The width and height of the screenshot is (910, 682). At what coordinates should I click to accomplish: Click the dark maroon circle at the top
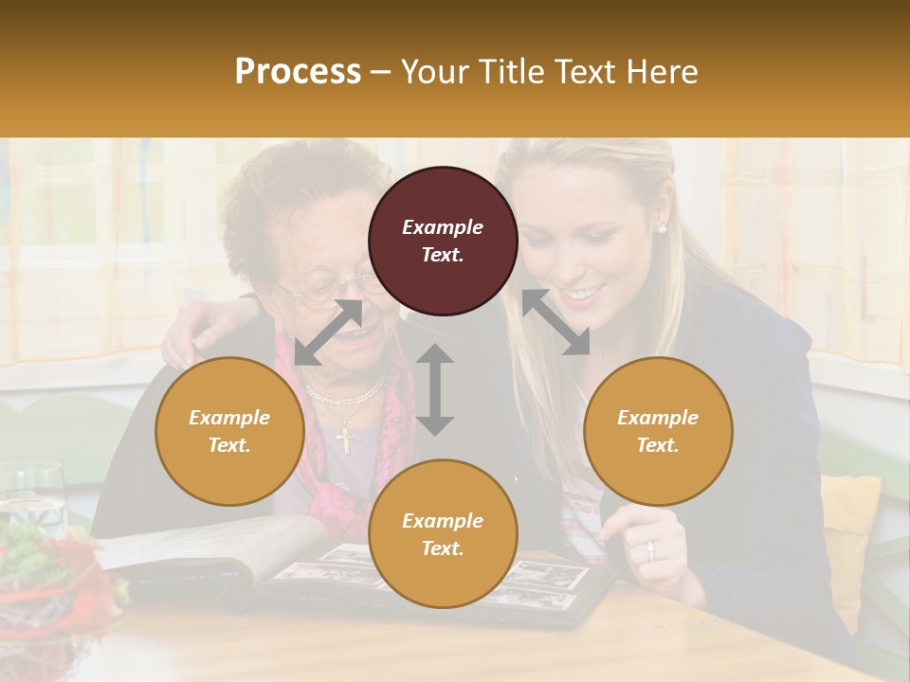[x=443, y=241]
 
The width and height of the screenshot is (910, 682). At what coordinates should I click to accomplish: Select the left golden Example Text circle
[x=229, y=431]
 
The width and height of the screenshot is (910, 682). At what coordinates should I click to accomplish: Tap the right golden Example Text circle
[x=658, y=431]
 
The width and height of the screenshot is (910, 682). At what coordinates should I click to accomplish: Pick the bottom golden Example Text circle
[x=443, y=534]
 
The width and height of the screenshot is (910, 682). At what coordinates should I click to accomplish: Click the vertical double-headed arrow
[x=435, y=389]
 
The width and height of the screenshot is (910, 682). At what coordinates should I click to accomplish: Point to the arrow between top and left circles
[x=328, y=332]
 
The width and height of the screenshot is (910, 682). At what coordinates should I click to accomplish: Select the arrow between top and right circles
[x=555, y=322]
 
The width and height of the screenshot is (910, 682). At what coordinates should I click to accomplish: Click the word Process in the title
[x=298, y=72]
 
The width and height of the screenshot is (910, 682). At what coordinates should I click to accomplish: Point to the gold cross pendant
[x=345, y=439]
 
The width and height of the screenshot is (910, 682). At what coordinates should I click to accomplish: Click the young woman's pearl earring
[x=662, y=228]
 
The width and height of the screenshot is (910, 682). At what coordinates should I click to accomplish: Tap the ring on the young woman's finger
[x=650, y=548]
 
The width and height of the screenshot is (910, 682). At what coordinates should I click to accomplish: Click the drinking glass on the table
[x=34, y=497]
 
